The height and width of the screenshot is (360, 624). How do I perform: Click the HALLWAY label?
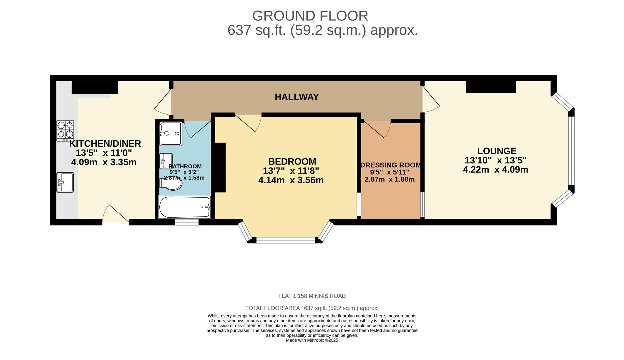coord(297,97)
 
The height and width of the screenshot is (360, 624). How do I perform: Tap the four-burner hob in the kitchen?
coord(65,131)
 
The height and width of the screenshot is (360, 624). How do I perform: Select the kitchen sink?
coord(65,182)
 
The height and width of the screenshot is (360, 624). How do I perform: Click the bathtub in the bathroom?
coord(184,207)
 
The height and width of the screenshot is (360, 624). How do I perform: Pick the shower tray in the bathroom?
coord(171,134)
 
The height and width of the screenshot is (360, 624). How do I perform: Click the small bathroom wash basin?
coord(166,161)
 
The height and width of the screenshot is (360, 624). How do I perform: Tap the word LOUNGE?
coord(497,151)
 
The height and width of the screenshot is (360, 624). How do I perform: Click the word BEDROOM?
coord(292,162)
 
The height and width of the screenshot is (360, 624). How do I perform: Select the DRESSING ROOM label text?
coord(391,165)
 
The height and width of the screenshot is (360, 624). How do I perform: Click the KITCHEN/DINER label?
coord(105,144)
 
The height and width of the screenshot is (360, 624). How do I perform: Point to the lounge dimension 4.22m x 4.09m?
coord(495,170)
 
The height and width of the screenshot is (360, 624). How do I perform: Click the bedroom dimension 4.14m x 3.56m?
coord(291,180)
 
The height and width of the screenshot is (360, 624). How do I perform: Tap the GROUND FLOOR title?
coord(310,16)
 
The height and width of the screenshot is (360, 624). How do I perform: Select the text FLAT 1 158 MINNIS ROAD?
coord(312,296)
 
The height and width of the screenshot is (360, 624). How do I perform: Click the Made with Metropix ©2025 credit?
coord(312,340)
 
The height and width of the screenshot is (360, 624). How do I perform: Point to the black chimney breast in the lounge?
coord(491,87)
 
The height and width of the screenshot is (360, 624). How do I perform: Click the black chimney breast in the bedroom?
coord(220,167)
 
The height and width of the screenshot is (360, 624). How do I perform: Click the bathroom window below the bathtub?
coord(187,222)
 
